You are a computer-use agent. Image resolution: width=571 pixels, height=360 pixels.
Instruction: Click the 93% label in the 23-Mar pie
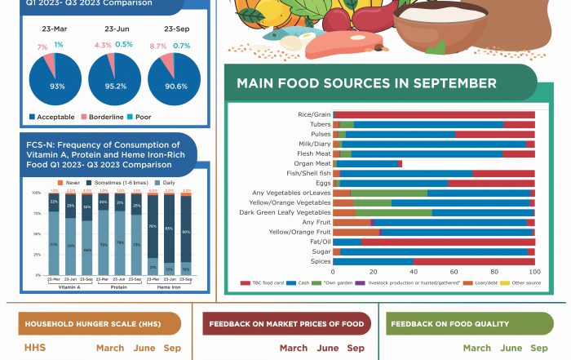pos(57,86)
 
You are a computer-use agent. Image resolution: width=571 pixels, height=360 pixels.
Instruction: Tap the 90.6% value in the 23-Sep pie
pos(175,86)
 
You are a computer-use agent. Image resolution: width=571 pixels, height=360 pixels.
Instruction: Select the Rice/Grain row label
pos(316,114)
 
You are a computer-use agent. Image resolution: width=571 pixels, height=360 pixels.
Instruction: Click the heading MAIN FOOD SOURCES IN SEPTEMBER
pos(366,84)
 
